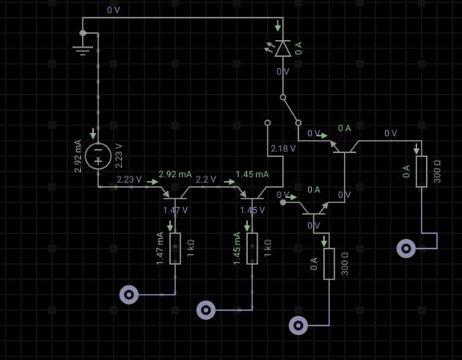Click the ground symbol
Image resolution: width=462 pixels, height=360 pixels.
click(x=83, y=51)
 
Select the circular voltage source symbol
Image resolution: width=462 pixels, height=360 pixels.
click(x=98, y=156)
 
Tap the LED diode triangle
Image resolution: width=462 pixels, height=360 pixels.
click(x=283, y=49)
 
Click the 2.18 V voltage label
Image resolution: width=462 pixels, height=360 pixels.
click(x=283, y=148)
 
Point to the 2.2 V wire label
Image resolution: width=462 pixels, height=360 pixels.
click(x=205, y=179)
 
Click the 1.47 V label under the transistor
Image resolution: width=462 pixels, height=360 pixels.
click(x=176, y=210)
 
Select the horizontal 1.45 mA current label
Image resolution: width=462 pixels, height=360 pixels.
click(x=252, y=175)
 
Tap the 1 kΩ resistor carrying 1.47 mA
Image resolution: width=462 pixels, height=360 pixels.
click(x=176, y=249)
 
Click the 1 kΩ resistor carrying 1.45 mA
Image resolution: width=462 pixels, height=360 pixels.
click(x=252, y=249)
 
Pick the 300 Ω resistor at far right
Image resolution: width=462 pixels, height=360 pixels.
click(x=422, y=172)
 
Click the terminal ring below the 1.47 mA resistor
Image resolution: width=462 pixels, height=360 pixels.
click(x=129, y=294)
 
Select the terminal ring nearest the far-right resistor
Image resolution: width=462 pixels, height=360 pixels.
click(x=407, y=249)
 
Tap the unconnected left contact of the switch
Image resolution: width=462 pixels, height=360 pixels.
click(x=268, y=123)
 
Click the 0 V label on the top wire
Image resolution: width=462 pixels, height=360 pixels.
click(x=113, y=10)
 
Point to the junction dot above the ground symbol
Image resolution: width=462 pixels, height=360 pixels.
click(x=83, y=33)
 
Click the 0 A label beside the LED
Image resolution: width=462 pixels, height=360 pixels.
click(x=298, y=48)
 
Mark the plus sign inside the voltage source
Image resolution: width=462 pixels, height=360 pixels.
click(x=98, y=161)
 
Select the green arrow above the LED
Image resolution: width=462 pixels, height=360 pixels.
click(x=278, y=26)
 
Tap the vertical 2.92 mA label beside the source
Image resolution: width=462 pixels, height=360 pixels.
click(x=78, y=156)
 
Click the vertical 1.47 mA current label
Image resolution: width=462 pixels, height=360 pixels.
click(x=160, y=249)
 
